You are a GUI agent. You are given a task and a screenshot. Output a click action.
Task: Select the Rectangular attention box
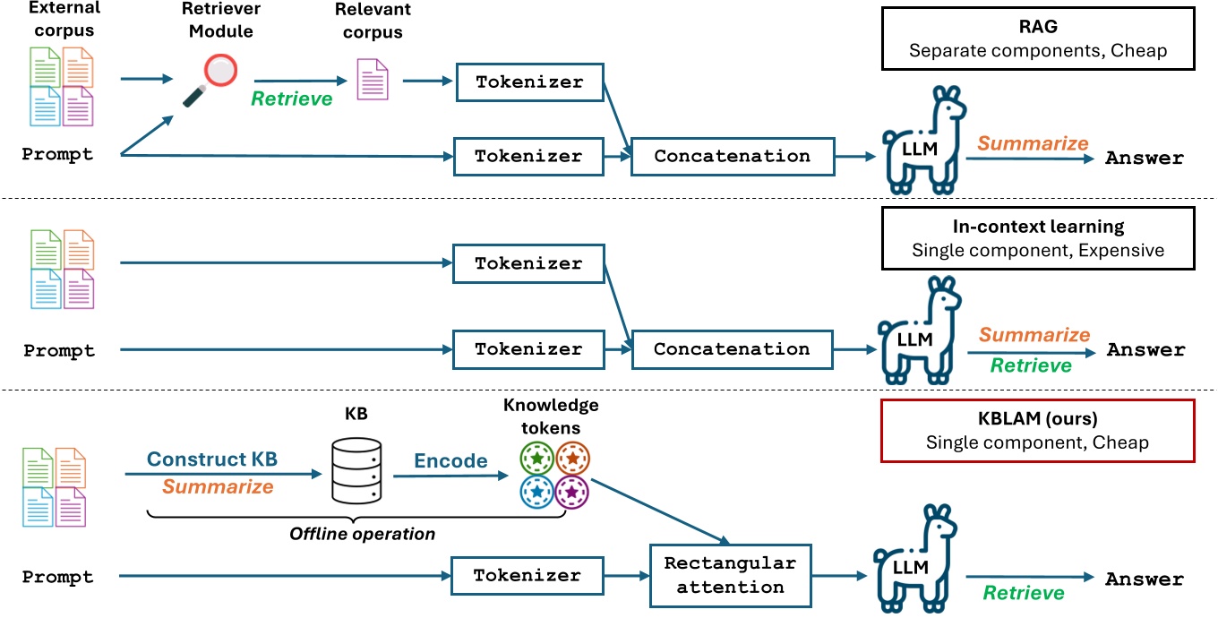(x=730, y=575)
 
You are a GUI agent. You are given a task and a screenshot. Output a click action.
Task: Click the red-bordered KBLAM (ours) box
(x=1038, y=431)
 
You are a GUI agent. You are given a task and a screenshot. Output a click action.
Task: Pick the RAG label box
(x=1038, y=39)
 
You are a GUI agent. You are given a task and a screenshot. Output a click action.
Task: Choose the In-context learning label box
(x=1038, y=238)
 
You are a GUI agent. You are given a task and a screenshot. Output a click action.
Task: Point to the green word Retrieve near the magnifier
(x=291, y=98)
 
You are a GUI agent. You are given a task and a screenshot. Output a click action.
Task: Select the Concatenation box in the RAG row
(x=732, y=156)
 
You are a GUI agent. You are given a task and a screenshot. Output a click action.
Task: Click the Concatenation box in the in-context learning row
(x=732, y=349)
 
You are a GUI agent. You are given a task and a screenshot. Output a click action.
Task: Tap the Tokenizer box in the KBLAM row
(x=527, y=576)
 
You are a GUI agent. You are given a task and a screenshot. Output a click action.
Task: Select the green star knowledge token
(x=536, y=459)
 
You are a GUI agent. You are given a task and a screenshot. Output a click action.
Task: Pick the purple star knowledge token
(x=571, y=494)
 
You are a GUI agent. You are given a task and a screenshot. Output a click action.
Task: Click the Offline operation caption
(x=362, y=534)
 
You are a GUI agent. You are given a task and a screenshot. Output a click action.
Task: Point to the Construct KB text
(x=212, y=459)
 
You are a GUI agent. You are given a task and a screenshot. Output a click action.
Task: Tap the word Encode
(x=450, y=461)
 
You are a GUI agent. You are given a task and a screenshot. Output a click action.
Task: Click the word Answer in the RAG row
(x=1145, y=159)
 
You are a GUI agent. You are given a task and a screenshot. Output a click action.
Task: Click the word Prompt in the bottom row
(x=58, y=577)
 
